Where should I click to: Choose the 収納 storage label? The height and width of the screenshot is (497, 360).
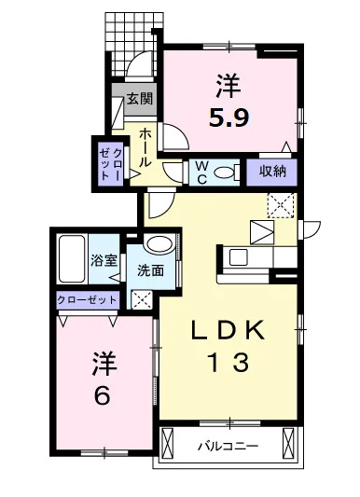point(271,171)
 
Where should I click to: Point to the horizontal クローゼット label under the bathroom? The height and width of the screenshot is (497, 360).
point(88,299)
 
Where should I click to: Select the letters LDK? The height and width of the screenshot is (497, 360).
point(230,330)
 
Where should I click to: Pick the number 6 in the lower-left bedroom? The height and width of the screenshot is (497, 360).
point(103,394)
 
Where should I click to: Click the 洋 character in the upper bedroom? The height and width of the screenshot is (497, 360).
point(229,89)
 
